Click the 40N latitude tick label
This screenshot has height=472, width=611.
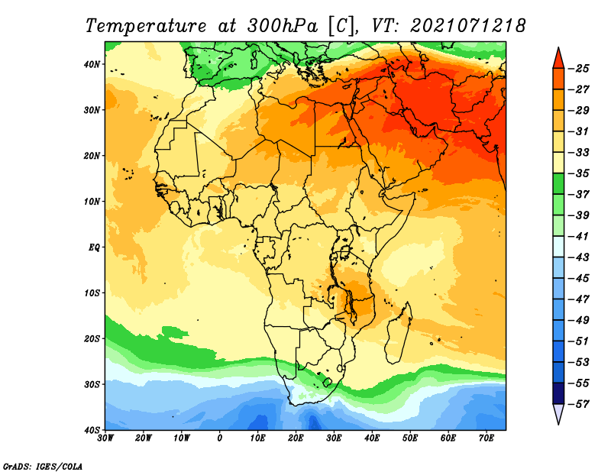coord(92,64)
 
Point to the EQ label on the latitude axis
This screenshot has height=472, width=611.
coord(94,247)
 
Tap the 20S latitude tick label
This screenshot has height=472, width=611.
coord(92,338)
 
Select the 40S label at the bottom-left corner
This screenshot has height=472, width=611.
coord(92,430)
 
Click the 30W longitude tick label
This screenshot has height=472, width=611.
coord(105,438)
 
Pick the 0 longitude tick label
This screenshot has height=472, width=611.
coord(219,438)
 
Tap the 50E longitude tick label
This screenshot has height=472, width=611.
coord(410,438)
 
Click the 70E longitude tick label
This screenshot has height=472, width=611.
coord(487,438)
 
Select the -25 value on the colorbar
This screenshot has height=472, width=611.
coord(579,69)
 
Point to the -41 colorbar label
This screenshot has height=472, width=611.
coord(579,236)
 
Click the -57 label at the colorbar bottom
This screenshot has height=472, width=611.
coord(579,404)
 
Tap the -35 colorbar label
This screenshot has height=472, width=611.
coord(579,173)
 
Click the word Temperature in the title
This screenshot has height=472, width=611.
coord(146,26)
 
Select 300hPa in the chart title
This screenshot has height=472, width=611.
coord(282,26)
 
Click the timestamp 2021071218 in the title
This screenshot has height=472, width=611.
coord(468,26)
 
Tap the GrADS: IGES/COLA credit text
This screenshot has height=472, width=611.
coord(43,466)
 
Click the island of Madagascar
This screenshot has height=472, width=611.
coord(398,333)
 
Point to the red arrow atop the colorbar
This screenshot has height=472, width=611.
coord(558,58)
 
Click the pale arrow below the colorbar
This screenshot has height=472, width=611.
coord(558,414)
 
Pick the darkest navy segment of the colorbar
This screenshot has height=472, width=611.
coord(558,393)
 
